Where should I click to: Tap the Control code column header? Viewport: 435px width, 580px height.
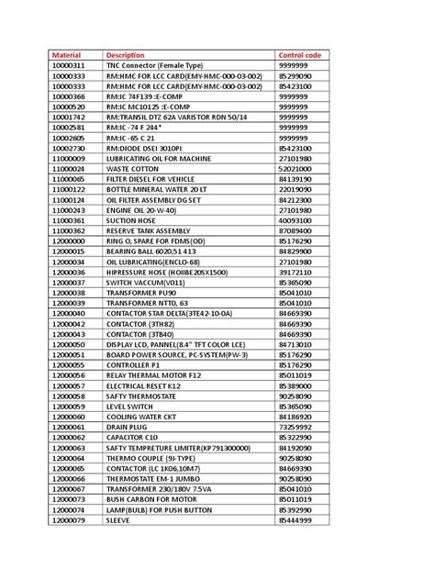(298, 56)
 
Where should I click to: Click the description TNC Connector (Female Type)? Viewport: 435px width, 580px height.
(155, 67)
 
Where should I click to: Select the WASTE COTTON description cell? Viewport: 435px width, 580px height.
(135, 168)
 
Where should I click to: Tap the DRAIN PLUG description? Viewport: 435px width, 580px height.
(129, 427)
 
